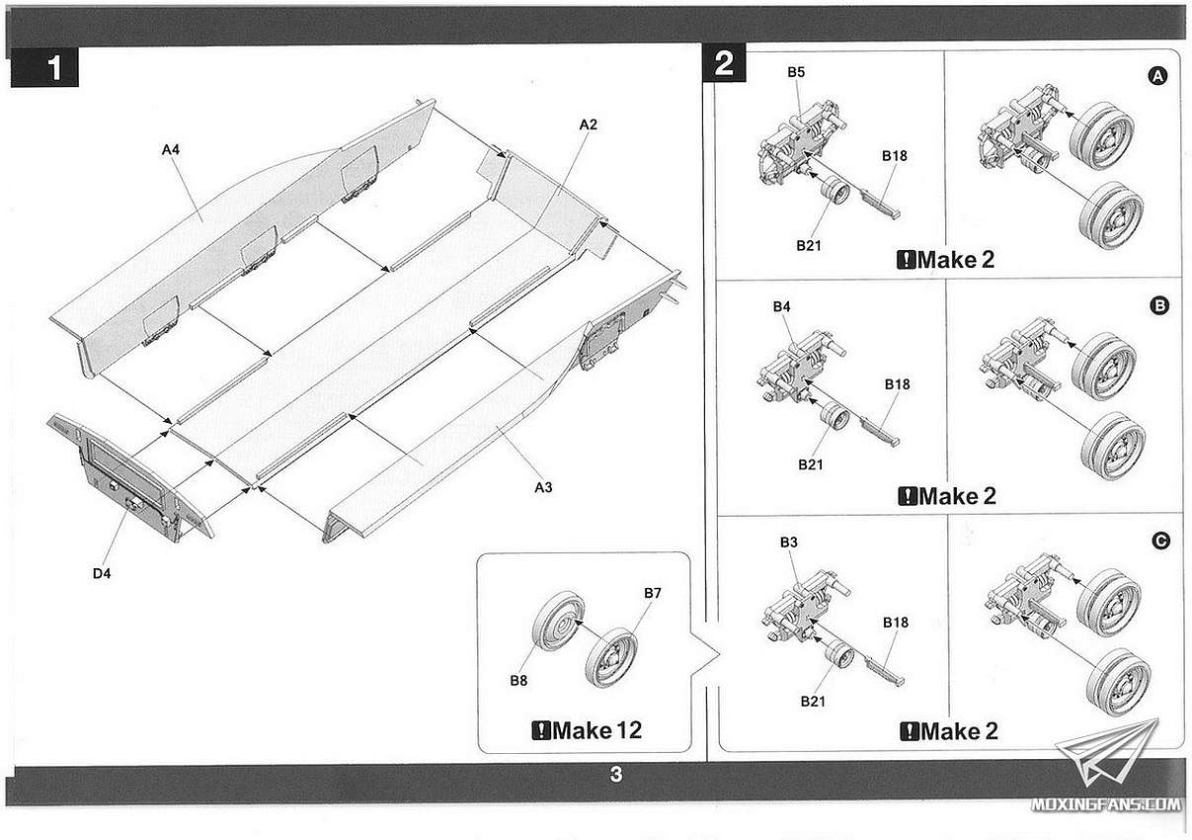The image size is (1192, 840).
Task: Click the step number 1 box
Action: (44, 67)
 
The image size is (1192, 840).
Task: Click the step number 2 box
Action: (724, 63)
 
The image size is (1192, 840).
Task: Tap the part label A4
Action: (171, 149)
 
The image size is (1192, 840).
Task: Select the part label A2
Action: (588, 125)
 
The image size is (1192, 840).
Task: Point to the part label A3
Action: (543, 487)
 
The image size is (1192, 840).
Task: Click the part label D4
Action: (102, 574)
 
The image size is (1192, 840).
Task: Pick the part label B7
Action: (653, 593)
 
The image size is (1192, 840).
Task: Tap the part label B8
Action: (518, 680)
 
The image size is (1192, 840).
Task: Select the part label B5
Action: (796, 72)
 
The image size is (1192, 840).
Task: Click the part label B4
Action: (782, 306)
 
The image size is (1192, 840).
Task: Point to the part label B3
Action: (789, 543)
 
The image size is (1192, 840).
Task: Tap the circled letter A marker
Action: (1157, 76)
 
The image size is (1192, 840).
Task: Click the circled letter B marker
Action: (1159, 305)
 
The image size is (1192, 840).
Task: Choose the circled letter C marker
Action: (1160, 542)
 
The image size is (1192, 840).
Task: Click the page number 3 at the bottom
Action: (615, 774)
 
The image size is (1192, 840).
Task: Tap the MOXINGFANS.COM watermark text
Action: (1105, 804)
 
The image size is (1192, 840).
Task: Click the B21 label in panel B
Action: (811, 465)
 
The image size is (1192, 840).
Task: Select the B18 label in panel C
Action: (896, 623)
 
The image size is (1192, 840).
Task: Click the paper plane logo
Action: (1107, 752)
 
